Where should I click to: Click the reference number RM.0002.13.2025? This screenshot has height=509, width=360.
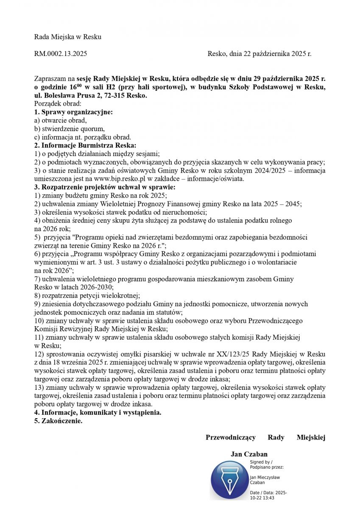click(x=61, y=54)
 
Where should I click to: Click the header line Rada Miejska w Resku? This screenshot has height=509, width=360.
click(x=68, y=37)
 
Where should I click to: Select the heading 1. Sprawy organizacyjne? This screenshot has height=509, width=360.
click(x=73, y=112)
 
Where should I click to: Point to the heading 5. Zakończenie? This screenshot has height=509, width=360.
click(x=59, y=421)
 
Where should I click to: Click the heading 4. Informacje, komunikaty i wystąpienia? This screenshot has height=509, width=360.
click(x=98, y=413)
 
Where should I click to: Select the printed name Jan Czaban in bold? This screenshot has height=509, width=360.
click(x=249, y=454)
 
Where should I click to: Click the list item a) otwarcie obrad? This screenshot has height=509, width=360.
click(x=60, y=120)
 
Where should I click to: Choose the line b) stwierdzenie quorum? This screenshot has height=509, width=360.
click(x=69, y=129)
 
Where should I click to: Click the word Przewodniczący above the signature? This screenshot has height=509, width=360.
click(x=230, y=437)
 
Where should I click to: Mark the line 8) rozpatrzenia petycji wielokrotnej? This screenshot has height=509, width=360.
click(x=87, y=296)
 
